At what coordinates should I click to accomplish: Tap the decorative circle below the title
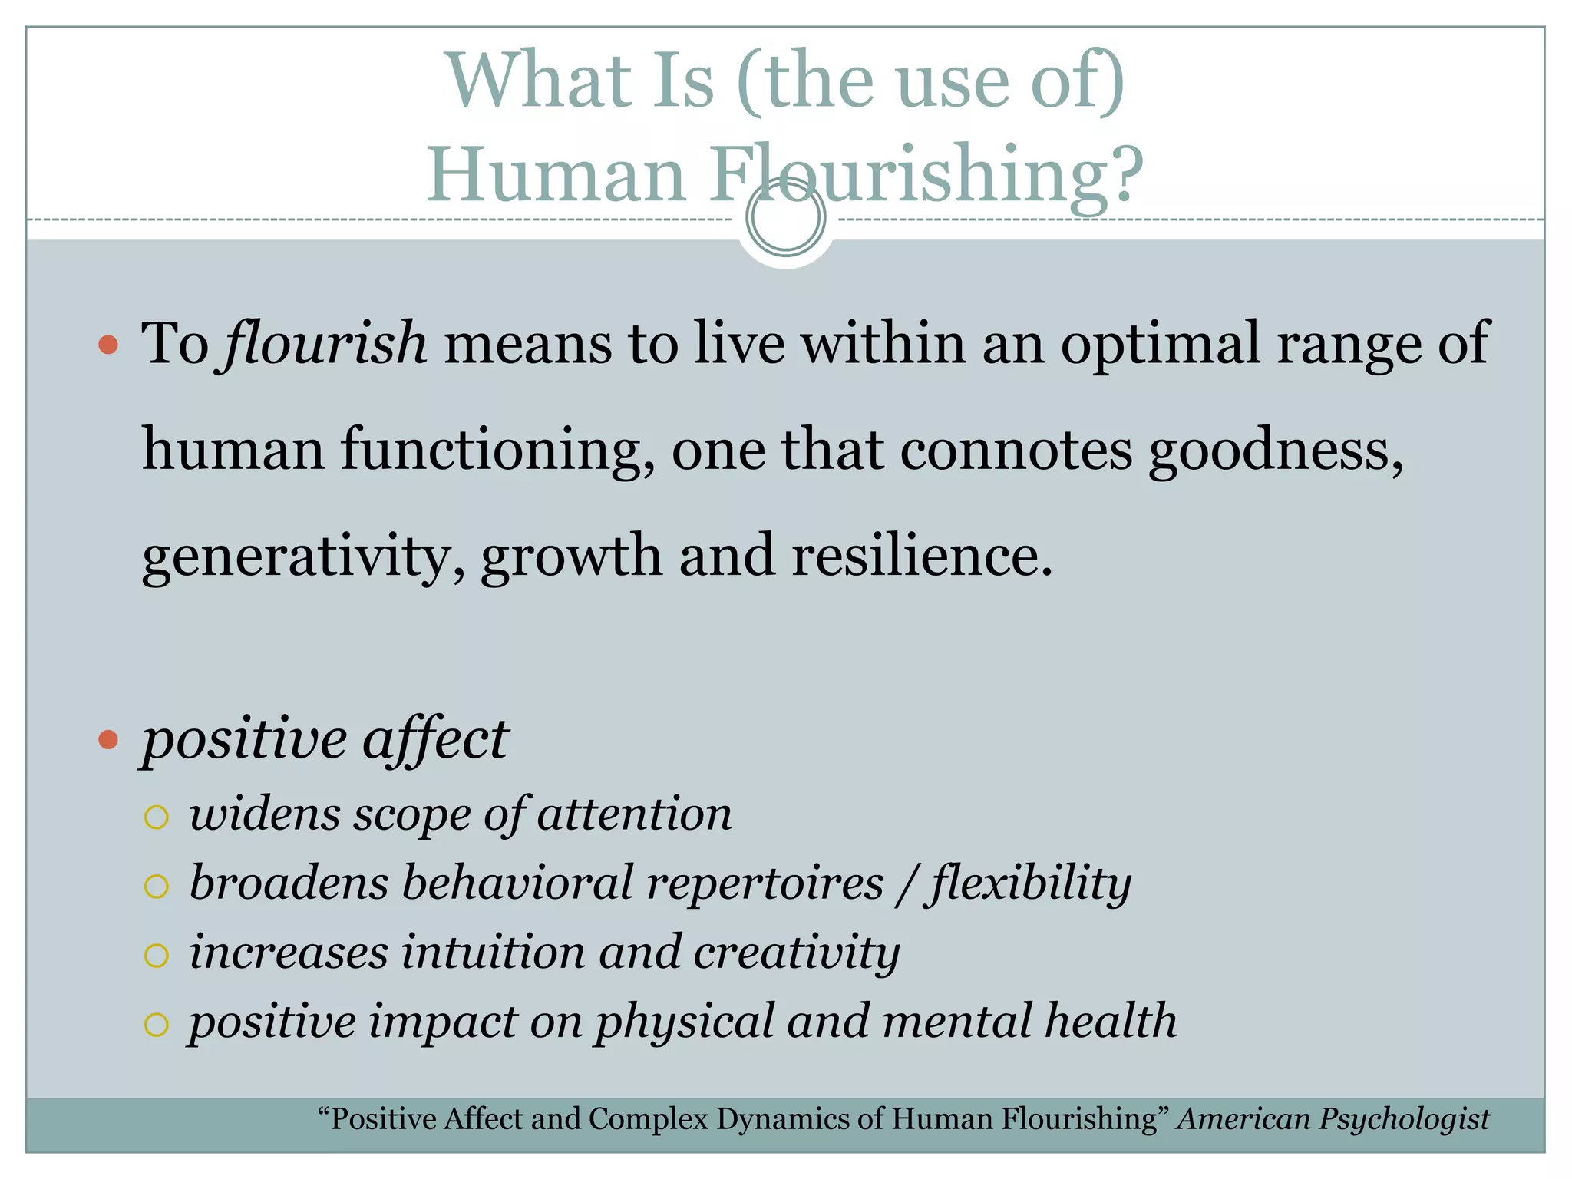point(785,217)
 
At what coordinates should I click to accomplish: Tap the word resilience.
point(921,555)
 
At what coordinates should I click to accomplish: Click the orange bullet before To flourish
point(108,344)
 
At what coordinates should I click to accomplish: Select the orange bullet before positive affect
point(108,739)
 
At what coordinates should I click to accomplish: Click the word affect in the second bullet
point(435,739)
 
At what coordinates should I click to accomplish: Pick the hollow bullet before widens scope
point(156,817)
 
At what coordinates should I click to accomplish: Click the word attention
point(634,814)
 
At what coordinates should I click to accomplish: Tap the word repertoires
point(765,883)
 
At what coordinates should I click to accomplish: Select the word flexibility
point(1029,883)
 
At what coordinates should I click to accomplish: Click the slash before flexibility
point(907,885)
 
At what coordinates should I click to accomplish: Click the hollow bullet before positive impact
point(156,1024)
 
